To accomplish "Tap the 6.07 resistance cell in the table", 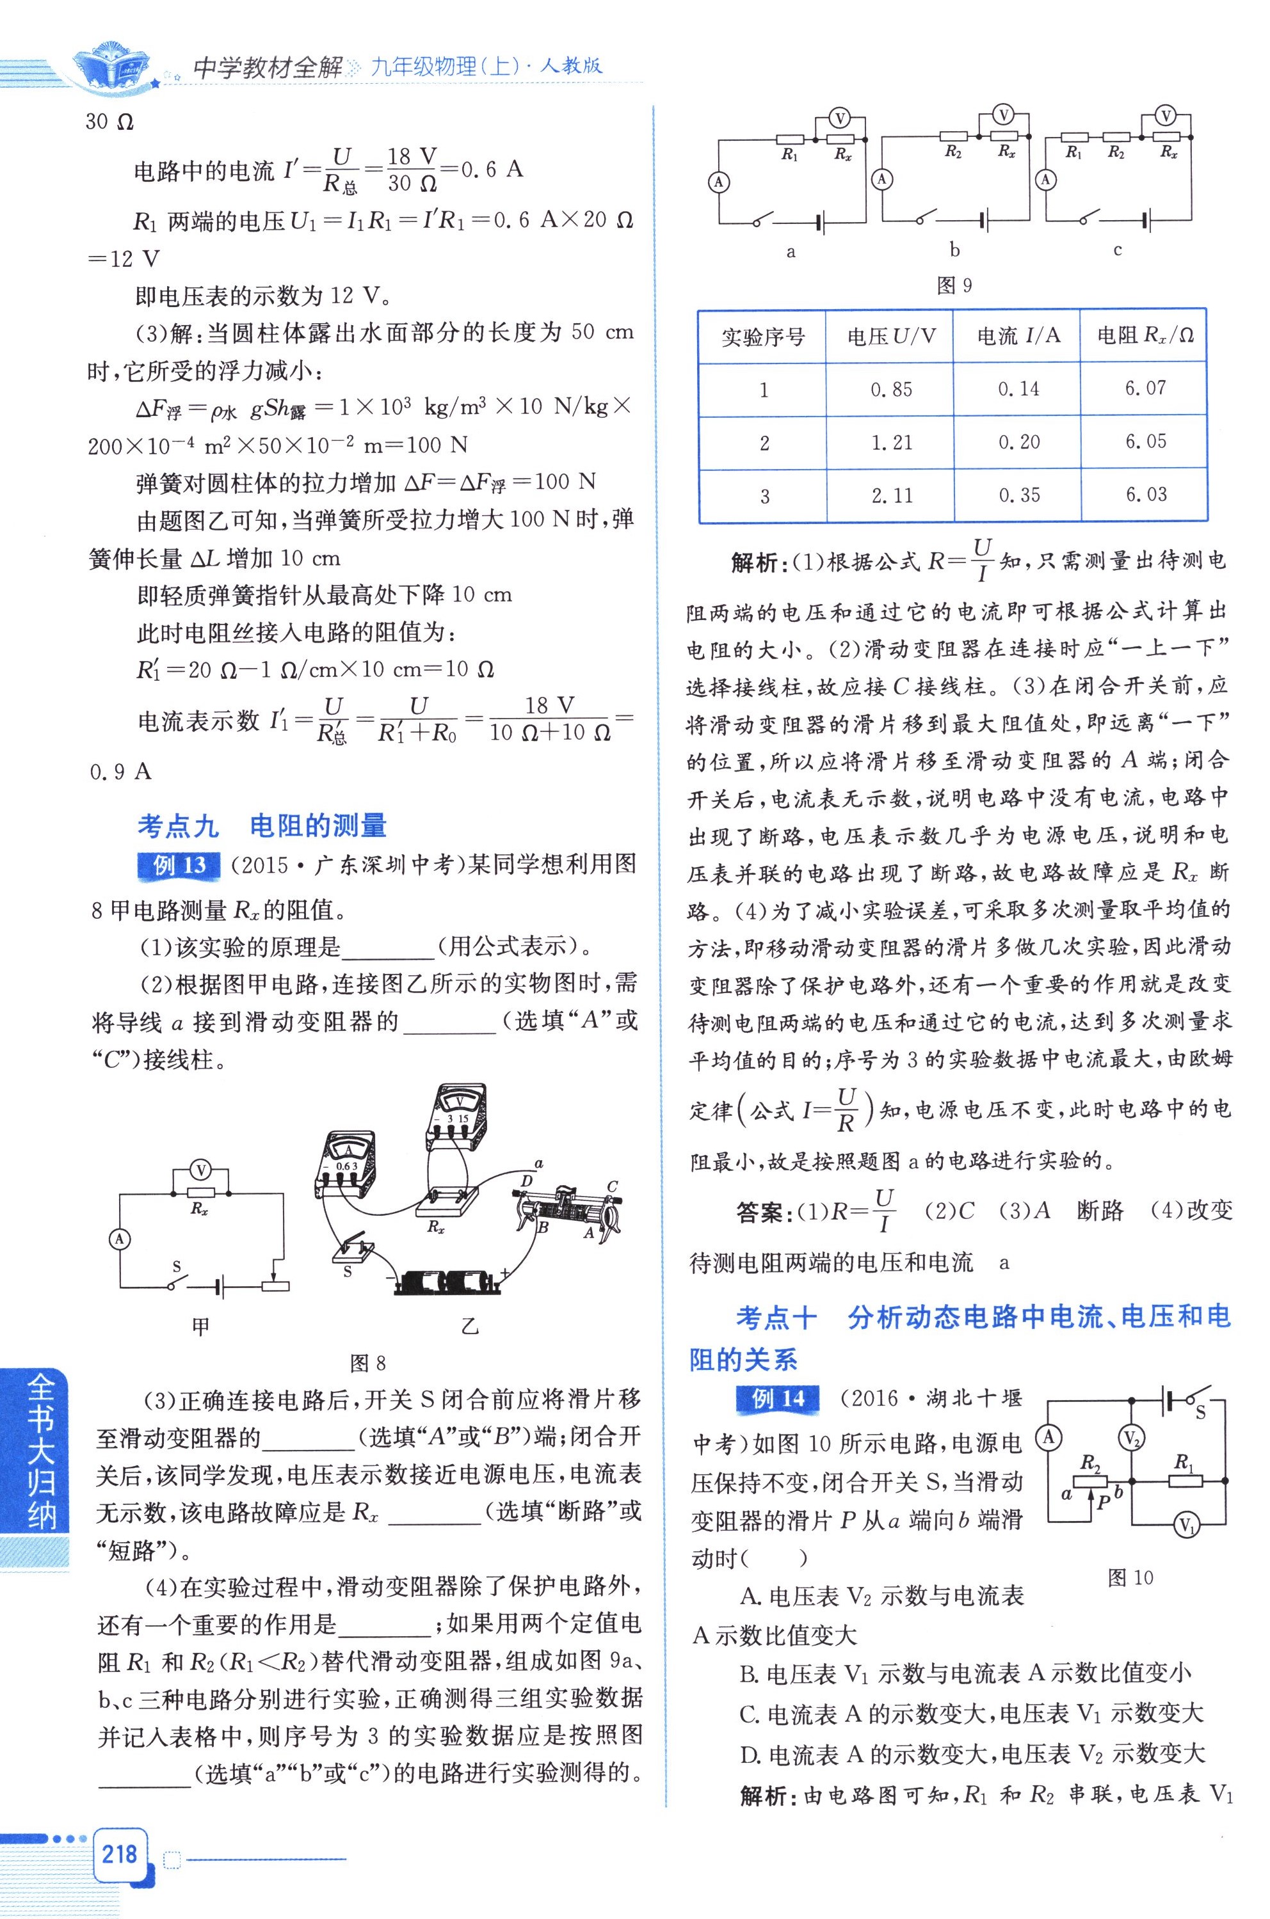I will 1145,388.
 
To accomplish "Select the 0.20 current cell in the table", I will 1018,442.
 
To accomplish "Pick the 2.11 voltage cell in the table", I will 891,495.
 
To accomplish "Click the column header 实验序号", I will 762,336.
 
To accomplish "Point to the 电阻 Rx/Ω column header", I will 1145,335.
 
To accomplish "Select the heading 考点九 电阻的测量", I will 262,826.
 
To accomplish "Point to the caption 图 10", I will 1130,1577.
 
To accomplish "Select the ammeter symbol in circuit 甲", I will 120,1238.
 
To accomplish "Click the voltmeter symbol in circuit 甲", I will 200,1169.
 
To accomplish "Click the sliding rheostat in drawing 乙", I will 567,1210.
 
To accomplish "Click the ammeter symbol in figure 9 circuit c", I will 1047,179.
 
